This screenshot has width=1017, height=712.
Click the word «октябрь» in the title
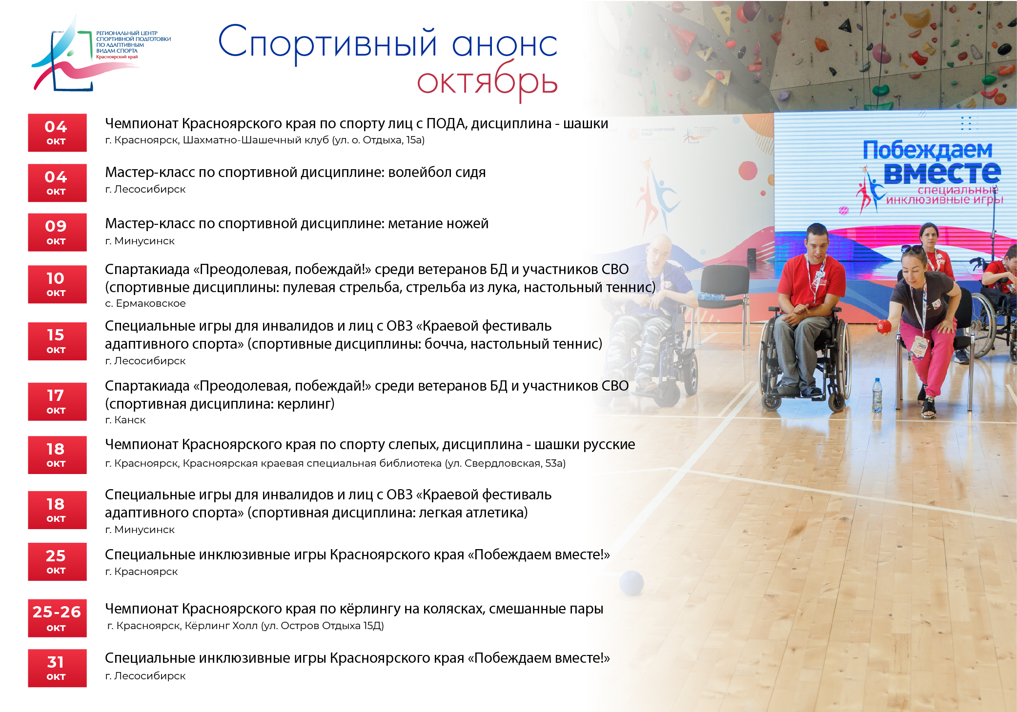coord(487,81)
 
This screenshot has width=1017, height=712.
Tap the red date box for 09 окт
coord(57,232)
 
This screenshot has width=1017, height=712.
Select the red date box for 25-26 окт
coord(57,618)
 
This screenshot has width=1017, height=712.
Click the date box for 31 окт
coord(57,668)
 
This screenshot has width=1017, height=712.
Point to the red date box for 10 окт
coord(57,284)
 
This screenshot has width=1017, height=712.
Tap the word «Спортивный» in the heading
coord(327,43)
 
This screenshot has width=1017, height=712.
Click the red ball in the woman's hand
coord(884,326)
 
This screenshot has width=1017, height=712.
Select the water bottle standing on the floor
coord(877,395)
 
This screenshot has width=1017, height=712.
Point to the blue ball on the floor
coord(631,583)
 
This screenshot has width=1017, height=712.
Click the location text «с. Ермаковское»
coord(145,303)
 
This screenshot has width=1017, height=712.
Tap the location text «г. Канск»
coord(125,420)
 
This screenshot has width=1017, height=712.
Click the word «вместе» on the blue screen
coord(942,173)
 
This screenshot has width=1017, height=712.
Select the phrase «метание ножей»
coord(438,223)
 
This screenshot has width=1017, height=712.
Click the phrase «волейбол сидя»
coord(437,172)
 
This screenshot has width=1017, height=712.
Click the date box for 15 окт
coord(57,341)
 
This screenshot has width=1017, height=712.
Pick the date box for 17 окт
coord(57,402)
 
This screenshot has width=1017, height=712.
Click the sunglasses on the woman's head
coord(912,250)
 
